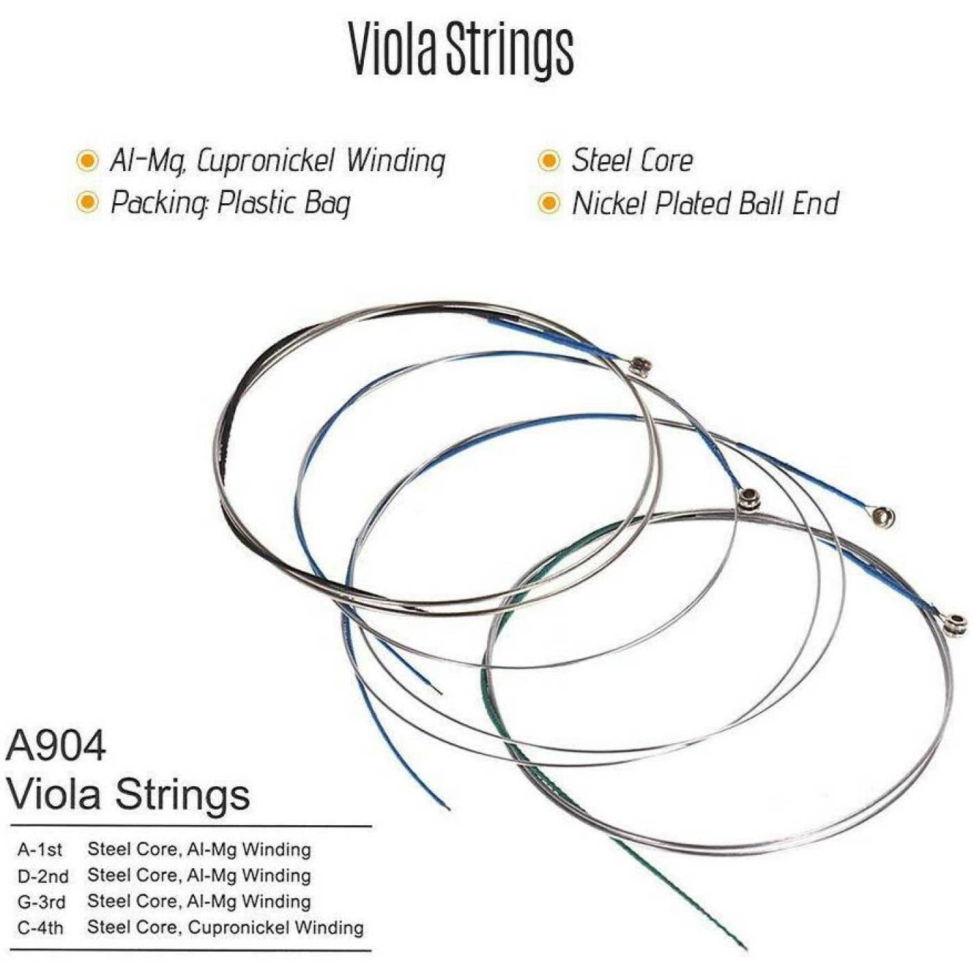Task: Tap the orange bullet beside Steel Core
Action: pyautogui.click(x=549, y=161)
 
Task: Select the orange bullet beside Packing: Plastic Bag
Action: pyautogui.click(x=88, y=202)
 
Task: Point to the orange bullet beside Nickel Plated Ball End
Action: pyautogui.click(x=549, y=203)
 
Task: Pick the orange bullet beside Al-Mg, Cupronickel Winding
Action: pyautogui.click(x=88, y=161)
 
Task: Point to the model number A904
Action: pyautogui.click(x=56, y=746)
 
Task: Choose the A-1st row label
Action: pyautogui.click(x=40, y=849)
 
